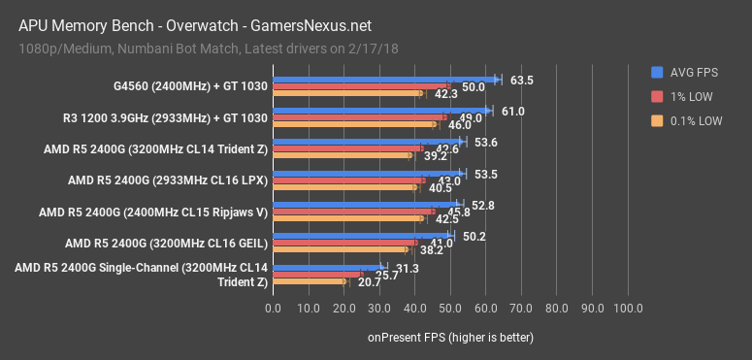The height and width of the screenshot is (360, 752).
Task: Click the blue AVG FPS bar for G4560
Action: click(385, 81)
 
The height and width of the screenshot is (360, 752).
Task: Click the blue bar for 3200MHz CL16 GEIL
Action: click(362, 235)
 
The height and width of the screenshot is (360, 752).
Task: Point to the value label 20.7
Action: click(369, 282)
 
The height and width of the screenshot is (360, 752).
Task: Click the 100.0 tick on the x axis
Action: click(627, 309)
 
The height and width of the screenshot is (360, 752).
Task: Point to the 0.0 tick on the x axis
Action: click(274, 309)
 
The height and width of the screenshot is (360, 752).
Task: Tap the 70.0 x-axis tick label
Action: click(521, 309)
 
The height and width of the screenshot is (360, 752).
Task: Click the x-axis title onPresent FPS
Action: click(449, 336)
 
